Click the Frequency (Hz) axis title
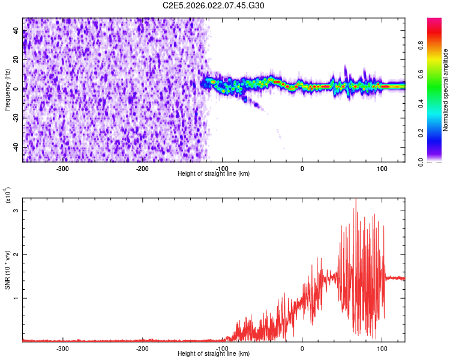pyautogui.click(x=7, y=89)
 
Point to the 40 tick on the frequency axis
pyautogui.click(x=16, y=31)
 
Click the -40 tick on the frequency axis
pyautogui.click(x=15, y=147)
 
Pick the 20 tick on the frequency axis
pyautogui.click(x=16, y=60)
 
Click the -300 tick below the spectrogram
pyautogui.click(x=62, y=169)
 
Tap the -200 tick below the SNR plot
pyautogui.click(x=142, y=348)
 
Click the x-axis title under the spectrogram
pyautogui.click(x=214, y=174)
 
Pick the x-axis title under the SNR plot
pyautogui.click(x=214, y=354)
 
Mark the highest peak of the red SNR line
pyautogui.click(x=355, y=199)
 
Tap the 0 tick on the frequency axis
pyautogui.click(x=18, y=89)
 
